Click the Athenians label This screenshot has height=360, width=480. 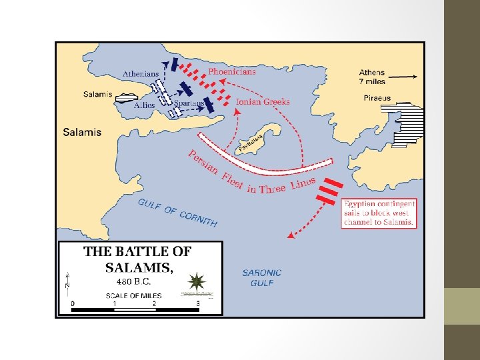coord(141,73)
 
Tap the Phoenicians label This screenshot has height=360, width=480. coord(232,71)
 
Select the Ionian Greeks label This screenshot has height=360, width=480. coord(263,102)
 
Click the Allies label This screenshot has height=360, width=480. coord(145,105)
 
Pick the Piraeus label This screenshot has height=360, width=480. coord(377,98)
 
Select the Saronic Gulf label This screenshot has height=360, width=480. coord(262,277)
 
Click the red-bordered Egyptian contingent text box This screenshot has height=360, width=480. coord(379,213)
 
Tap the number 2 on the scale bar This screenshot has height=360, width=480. coord(155,303)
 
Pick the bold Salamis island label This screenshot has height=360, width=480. coord(82,132)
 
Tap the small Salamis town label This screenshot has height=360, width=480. coord(97,95)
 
